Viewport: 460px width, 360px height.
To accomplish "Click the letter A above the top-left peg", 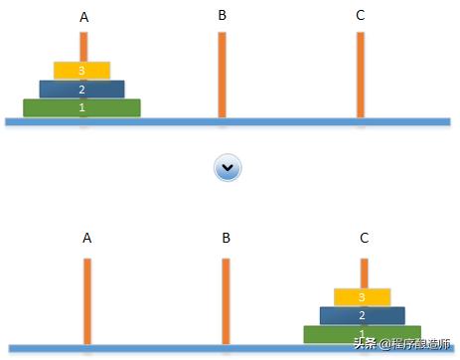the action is [x=82, y=17].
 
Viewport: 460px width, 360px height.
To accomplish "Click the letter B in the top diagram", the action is [x=222, y=15].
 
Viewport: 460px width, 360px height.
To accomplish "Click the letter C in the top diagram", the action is [x=360, y=15].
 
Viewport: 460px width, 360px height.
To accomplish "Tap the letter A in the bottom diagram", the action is [x=86, y=238].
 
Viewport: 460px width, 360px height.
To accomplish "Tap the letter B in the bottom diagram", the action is [x=226, y=238].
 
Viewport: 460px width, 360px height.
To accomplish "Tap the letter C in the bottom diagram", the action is [x=364, y=238].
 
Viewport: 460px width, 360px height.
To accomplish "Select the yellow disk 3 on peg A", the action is [x=82, y=71].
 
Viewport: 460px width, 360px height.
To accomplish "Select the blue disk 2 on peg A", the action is [x=82, y=89].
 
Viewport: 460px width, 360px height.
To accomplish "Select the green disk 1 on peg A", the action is [x=82, y=107].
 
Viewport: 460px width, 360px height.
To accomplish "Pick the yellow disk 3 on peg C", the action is [x=363, y=297].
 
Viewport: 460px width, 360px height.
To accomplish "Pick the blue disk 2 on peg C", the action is [x=363, y=315].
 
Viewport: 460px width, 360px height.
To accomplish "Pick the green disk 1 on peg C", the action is [x=363, y=333].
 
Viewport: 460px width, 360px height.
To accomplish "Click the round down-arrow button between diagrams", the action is [x=229, y=168].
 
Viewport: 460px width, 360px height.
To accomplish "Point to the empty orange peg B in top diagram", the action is [x=222, y=75].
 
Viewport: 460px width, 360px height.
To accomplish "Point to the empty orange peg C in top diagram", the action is [x=360, y=75].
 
